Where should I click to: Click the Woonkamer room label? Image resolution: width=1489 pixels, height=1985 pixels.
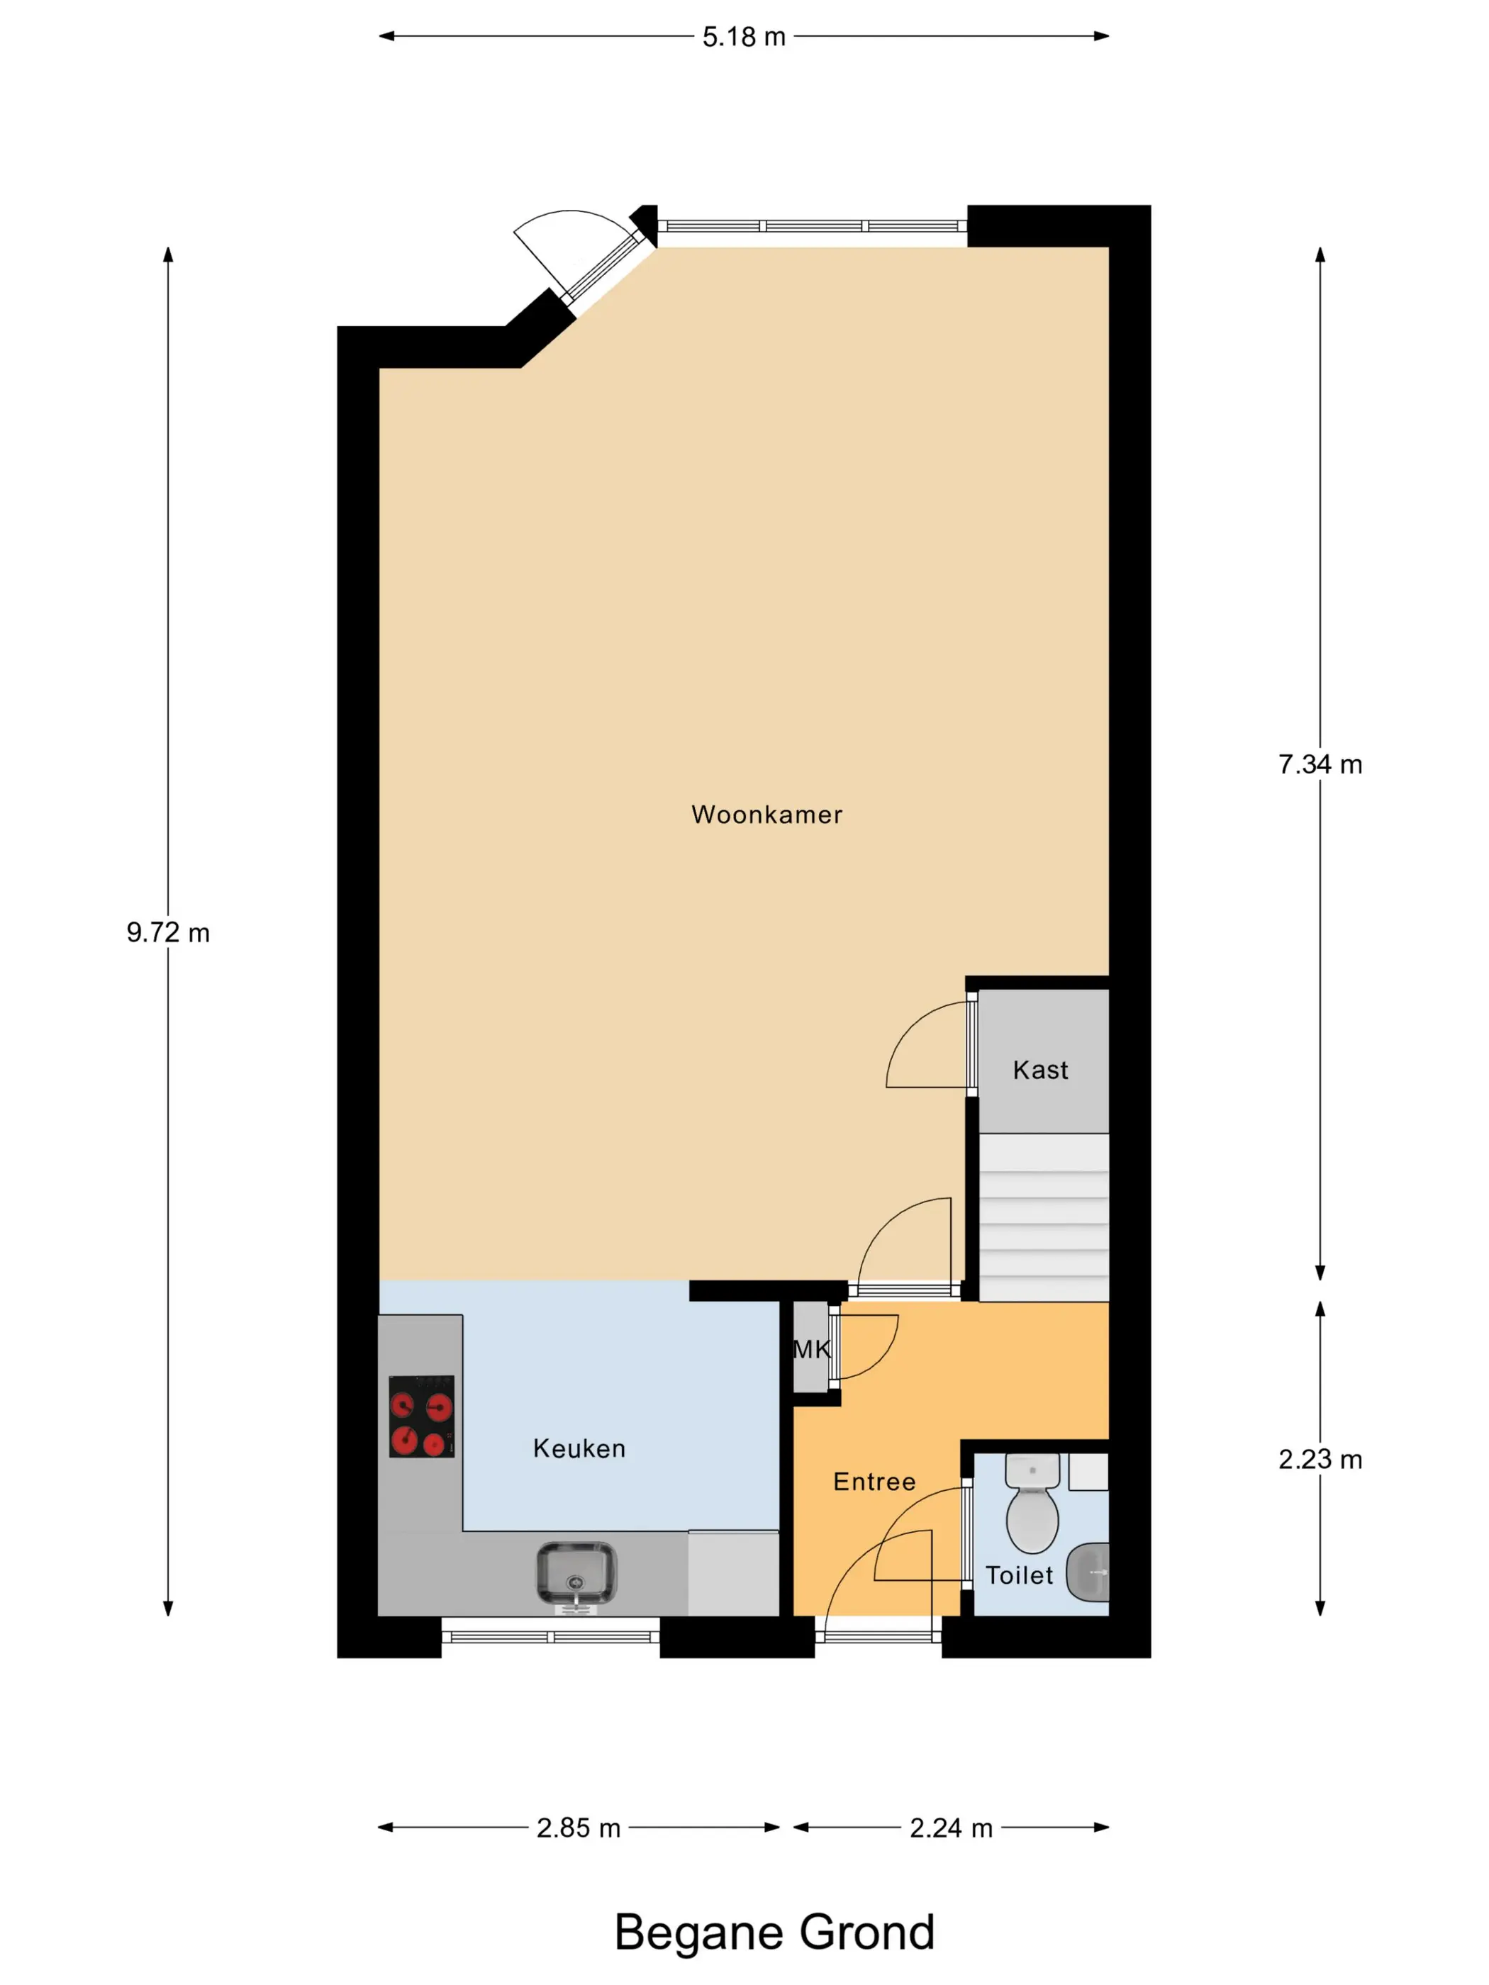[x=766, y=815]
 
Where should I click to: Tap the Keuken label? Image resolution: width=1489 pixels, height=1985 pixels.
[x=579, y=1448]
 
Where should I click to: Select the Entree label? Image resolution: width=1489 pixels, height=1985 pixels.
[x=874, y=1482]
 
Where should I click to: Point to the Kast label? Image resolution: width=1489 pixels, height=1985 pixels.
[x=1040, y=1070]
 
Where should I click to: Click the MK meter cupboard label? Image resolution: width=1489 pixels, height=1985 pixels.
[x=811, y=1349]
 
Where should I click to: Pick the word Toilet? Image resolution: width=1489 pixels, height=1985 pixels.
[x=1019, y=1575]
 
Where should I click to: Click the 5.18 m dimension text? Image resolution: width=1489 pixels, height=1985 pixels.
[x=744, y=37]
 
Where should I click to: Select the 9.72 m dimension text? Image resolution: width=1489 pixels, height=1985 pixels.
[x=168, y=932]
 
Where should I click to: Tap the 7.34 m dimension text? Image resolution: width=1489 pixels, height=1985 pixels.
[x=1320, y=764]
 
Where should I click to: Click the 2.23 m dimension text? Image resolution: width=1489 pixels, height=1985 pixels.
[x=1320, y=1459]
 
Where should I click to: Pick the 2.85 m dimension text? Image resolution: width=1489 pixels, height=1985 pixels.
[x=579, y=1828]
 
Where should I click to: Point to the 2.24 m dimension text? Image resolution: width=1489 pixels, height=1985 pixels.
[x=952, y=1828]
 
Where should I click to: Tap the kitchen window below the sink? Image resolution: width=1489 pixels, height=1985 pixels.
[x=551, y=1636]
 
